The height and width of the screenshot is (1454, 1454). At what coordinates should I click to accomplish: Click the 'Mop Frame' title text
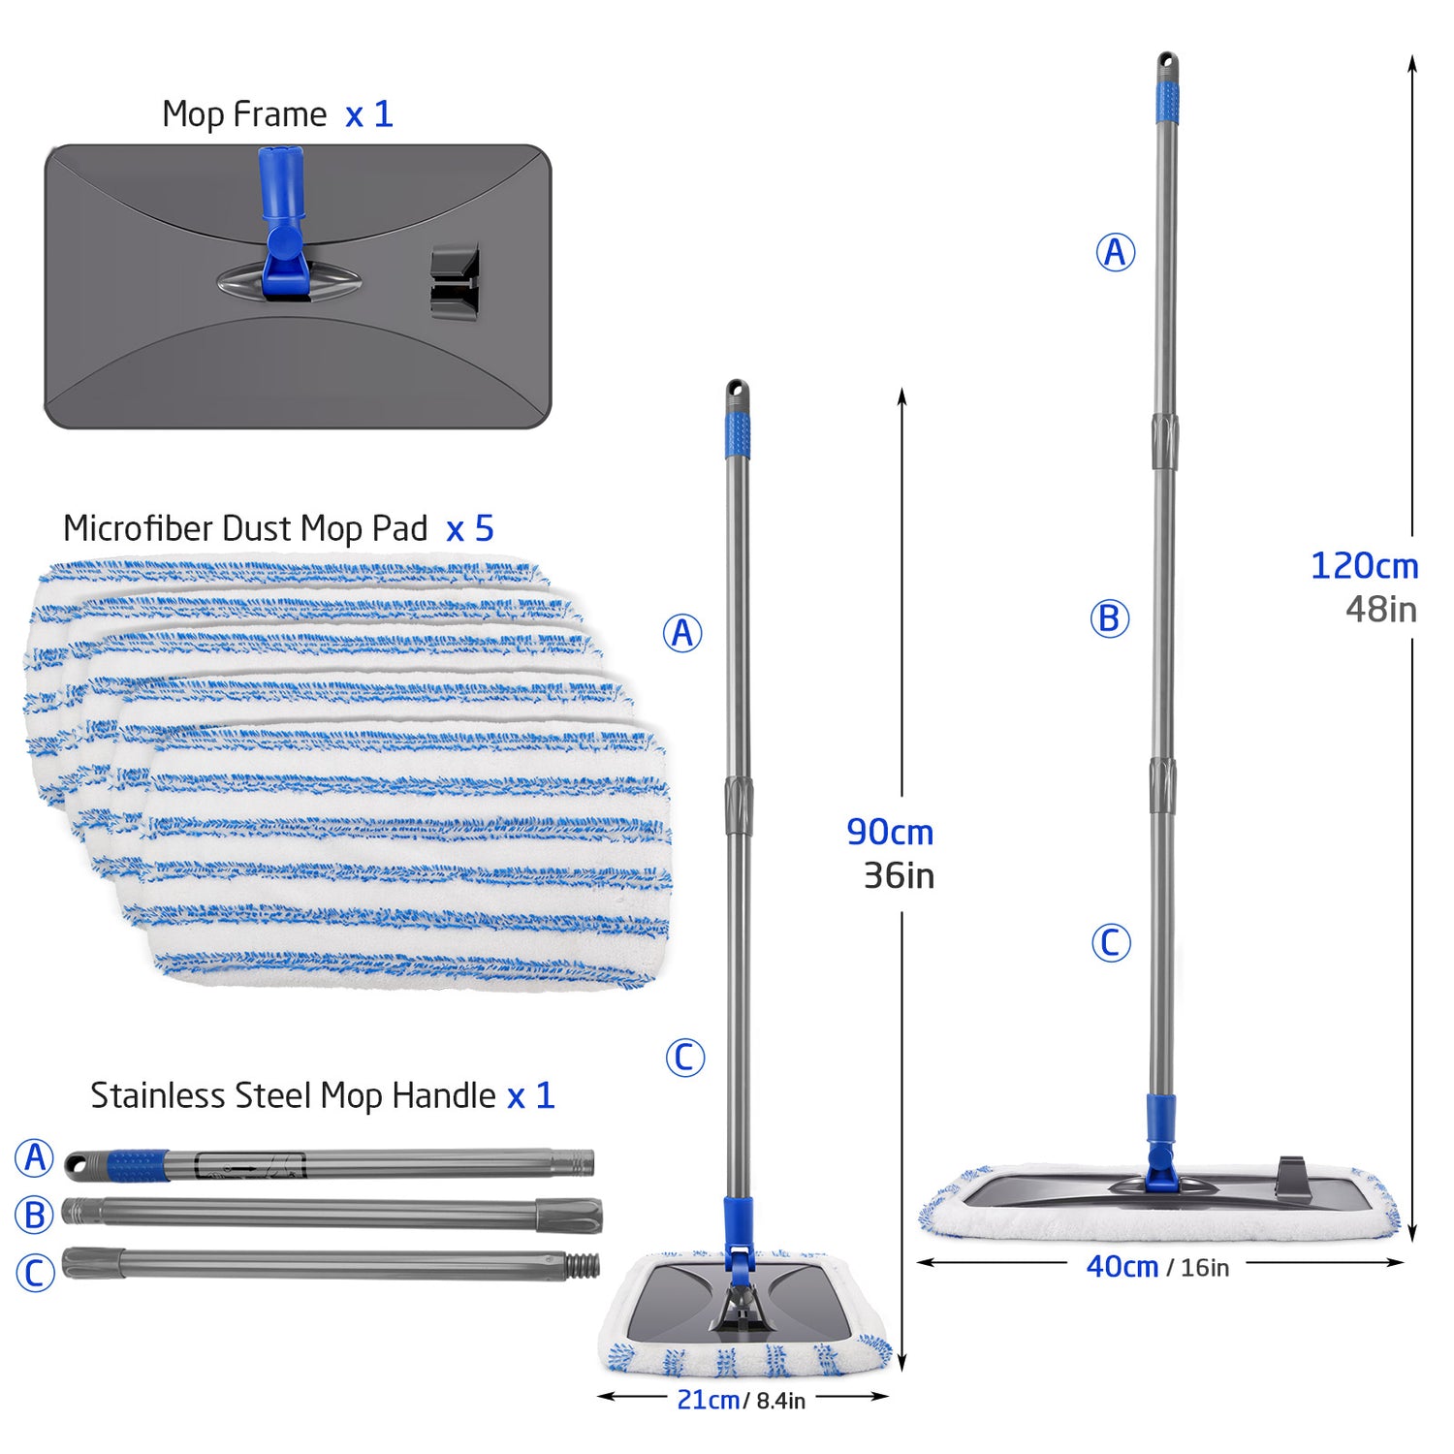coord(244,114)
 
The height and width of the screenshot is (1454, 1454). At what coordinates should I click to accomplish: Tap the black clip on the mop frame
coord(454,283)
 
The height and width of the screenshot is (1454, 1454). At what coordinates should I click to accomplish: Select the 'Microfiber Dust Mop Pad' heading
coord(245,528)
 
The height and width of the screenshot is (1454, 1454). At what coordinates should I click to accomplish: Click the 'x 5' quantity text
coord(470,529)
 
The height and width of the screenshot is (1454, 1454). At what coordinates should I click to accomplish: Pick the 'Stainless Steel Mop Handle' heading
coord(293,1095)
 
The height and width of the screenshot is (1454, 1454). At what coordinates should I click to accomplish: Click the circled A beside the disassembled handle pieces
coord(35,1157)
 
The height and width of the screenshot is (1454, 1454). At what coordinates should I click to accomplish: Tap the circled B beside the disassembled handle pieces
coord(35,1215)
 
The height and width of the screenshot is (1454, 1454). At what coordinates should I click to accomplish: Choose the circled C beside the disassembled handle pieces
coord(35,1272)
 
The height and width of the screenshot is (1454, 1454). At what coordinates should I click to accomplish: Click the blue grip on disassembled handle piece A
coord(137,1165)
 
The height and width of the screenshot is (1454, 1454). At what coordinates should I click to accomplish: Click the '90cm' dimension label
coord(890,832)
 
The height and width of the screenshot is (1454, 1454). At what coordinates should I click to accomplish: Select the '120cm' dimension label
coord(1364,566)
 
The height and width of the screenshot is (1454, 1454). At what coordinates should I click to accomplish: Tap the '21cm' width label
coord(708,1400)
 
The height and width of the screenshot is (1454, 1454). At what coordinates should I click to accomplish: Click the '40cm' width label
coord(1122,1266)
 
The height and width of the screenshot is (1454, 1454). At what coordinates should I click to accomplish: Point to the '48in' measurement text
coord(1380,610)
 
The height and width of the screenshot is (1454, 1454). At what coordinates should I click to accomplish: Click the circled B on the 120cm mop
coord(1110,618)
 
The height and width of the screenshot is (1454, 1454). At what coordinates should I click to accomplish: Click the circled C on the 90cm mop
coord(684,1058)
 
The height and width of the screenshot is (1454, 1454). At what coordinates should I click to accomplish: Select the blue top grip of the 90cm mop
coord(738,435)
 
